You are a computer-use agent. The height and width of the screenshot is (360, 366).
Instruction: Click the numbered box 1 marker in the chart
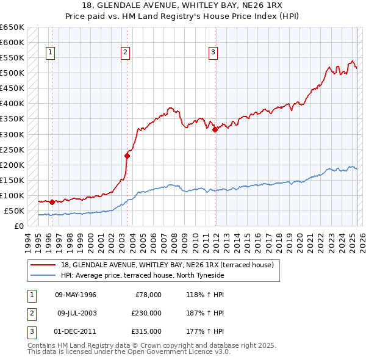(49, 53)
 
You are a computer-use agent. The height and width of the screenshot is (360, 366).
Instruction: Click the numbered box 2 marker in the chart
(125, 53)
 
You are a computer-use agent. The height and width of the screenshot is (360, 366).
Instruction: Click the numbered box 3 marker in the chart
(213, 53)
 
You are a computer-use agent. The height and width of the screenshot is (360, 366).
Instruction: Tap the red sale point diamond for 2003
(127, 155)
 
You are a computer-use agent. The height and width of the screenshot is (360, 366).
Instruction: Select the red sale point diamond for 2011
(215, 129)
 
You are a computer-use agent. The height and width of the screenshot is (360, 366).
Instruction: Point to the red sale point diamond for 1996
(52, 202)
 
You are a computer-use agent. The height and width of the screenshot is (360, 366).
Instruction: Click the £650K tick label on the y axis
(12, 27)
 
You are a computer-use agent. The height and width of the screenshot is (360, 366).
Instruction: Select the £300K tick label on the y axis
(12, 134)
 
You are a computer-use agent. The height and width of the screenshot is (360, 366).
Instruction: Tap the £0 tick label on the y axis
(19, 226)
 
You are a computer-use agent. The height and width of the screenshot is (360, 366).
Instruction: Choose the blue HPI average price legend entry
(143, 276)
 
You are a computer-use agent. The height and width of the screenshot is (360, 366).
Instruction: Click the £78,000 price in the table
(148, 295)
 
